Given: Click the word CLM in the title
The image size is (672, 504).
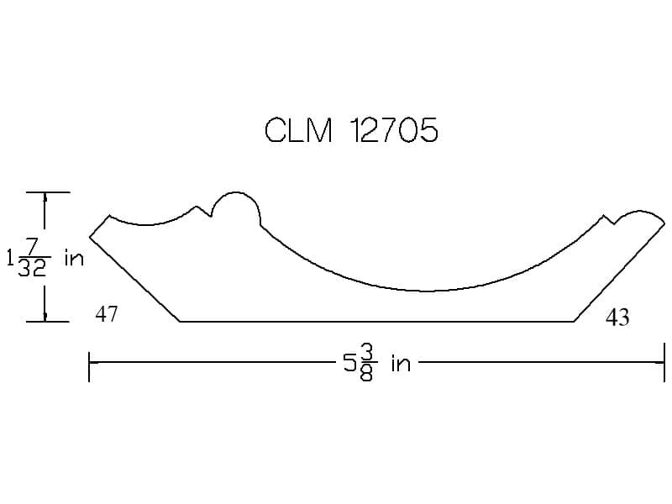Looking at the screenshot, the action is pyautogui.click(x=298, y=130).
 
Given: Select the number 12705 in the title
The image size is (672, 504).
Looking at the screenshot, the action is pyautogui.click(x=394, y=130).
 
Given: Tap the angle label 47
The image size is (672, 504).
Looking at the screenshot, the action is pyautogui.click(x=107, y=314).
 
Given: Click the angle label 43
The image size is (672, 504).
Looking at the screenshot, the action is pyautogui.click(x=617, y=318).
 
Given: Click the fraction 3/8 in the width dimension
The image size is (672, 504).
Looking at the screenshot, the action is pyautogui.click(x=365, y=364).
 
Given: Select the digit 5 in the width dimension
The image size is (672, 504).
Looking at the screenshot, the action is pyautogui.click(x=350, y=364).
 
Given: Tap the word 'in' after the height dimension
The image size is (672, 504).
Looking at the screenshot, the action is pyautogui.click(x=74, y=258).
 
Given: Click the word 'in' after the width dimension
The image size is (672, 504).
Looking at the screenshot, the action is pyautogui.click(x=401, y=365).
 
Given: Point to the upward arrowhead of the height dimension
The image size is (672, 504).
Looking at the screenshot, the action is pyautogui.click(x=45, y=197).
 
